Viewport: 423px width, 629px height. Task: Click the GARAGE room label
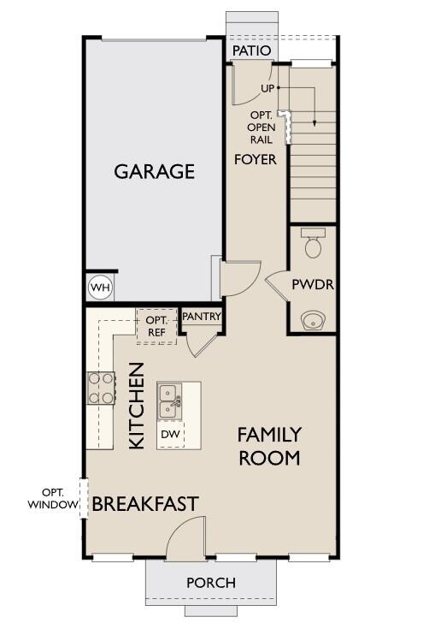[155, 171]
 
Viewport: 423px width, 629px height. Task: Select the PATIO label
[252, 51]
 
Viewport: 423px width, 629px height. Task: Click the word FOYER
[256, 159]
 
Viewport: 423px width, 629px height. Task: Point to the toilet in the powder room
[313, 246]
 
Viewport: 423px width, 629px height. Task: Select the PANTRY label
[202, 317]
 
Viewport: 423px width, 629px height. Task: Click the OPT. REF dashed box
[156, 326]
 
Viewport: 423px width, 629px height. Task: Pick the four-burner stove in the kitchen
[100, 387]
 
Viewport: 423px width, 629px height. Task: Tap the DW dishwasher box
[170, 435]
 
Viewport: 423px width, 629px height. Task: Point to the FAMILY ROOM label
[269, 446]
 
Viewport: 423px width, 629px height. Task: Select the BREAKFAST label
[145, 503]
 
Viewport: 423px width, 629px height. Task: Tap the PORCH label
[211, 583]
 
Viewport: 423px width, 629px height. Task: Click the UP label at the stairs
[267, 88]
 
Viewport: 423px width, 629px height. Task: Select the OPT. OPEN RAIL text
[261, 128]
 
